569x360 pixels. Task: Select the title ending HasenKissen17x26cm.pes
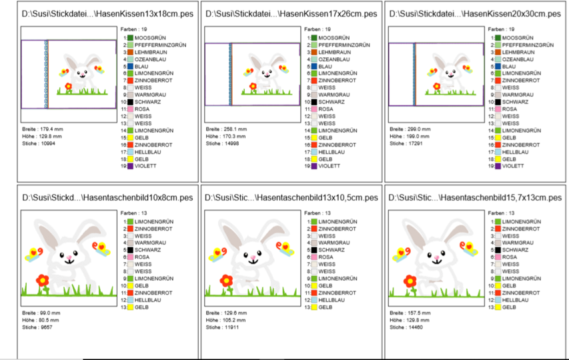(x=291, y=13)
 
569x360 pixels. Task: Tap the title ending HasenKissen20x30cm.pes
(x=474, y=13)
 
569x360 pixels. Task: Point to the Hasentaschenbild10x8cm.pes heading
(x=107, y=197)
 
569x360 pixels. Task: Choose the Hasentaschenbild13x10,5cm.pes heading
(x=291, y=197)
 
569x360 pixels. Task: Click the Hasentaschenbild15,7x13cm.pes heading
(x=474, y=197)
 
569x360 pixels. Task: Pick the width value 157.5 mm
(x=418, y=313)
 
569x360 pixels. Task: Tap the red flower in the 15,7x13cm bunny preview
(x=410, y=281)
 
